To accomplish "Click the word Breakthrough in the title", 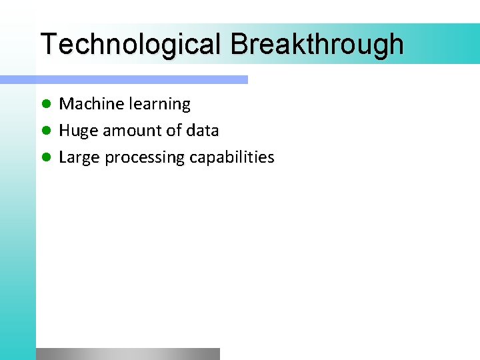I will coord(317,44).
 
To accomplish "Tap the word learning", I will coord(160,105).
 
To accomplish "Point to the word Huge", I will coord(79,131).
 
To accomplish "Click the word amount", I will coord(131,131).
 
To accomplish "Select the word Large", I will coord(79,158).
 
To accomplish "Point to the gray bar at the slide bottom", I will coord(127,354).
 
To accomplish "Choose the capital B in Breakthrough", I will coord(239,44).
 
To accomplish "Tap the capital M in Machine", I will coord(67,104).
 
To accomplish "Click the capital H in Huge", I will coord(65,131).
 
